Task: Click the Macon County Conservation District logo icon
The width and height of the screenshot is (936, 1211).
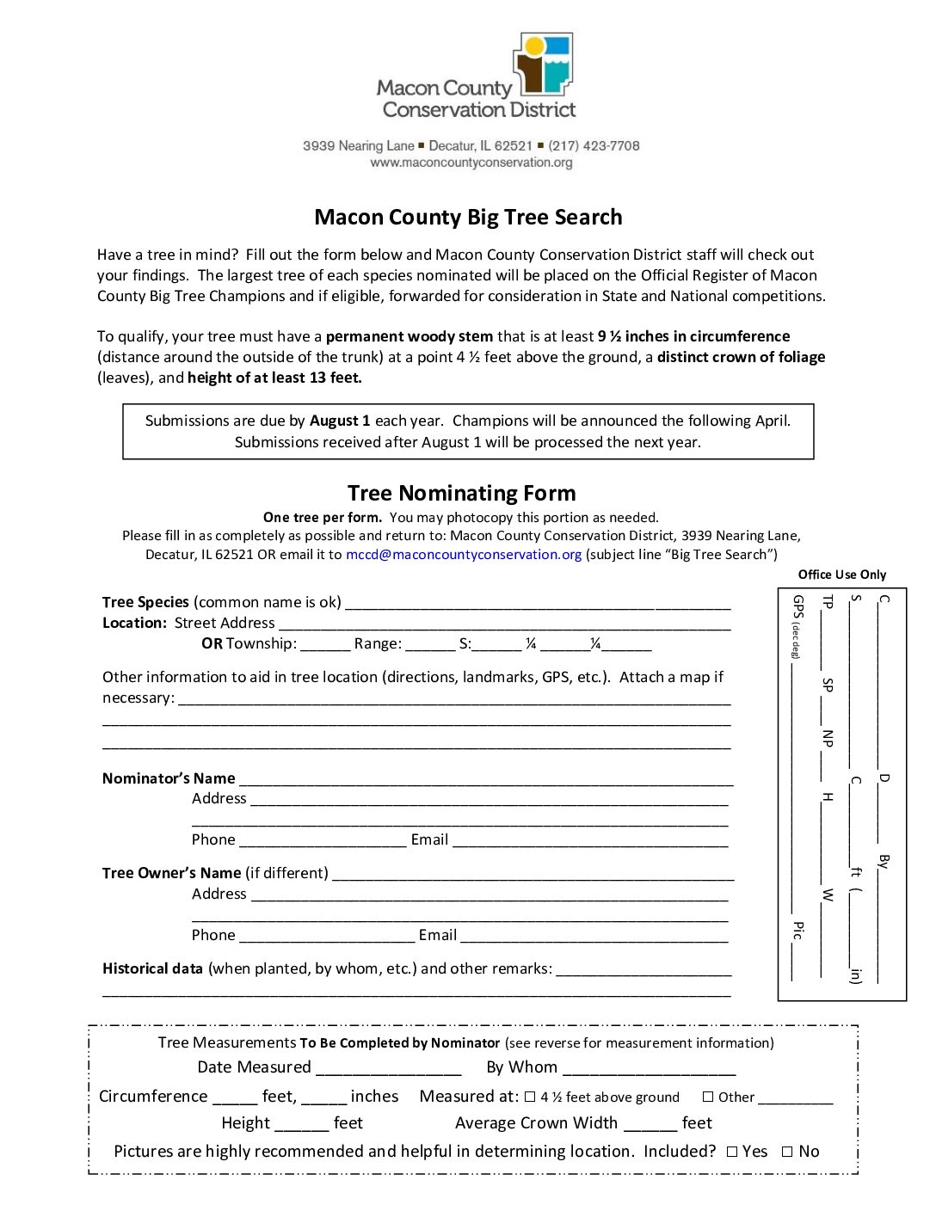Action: (543, 64)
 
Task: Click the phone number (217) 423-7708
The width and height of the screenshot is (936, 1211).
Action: (594, 146)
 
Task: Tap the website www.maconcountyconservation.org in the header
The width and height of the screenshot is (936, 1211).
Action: (471, 163)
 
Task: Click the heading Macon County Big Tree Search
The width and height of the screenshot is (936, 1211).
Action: (468, 217)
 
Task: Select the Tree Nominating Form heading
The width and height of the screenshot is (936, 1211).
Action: (461, 493)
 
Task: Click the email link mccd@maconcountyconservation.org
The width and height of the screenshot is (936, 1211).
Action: (464, 555)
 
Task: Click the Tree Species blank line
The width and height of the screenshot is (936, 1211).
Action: (538, 603)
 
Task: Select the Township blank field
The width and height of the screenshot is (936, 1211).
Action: (325, 645)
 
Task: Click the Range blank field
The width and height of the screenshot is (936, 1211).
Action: (430, 645)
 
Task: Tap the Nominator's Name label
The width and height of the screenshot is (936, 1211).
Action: (169, 778)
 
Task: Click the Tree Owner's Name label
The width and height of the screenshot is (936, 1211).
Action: (171, 873)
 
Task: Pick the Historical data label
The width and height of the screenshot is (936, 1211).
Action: (152, 968)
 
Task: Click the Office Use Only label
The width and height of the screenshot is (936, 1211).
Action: (841, 575)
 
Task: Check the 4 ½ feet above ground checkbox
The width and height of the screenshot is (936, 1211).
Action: (530, 1097)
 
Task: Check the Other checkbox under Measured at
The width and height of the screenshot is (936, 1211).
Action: (708, 1097)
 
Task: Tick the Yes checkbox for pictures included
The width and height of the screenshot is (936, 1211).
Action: (732, 1152)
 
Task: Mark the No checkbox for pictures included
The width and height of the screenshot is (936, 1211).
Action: (787, 1152)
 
